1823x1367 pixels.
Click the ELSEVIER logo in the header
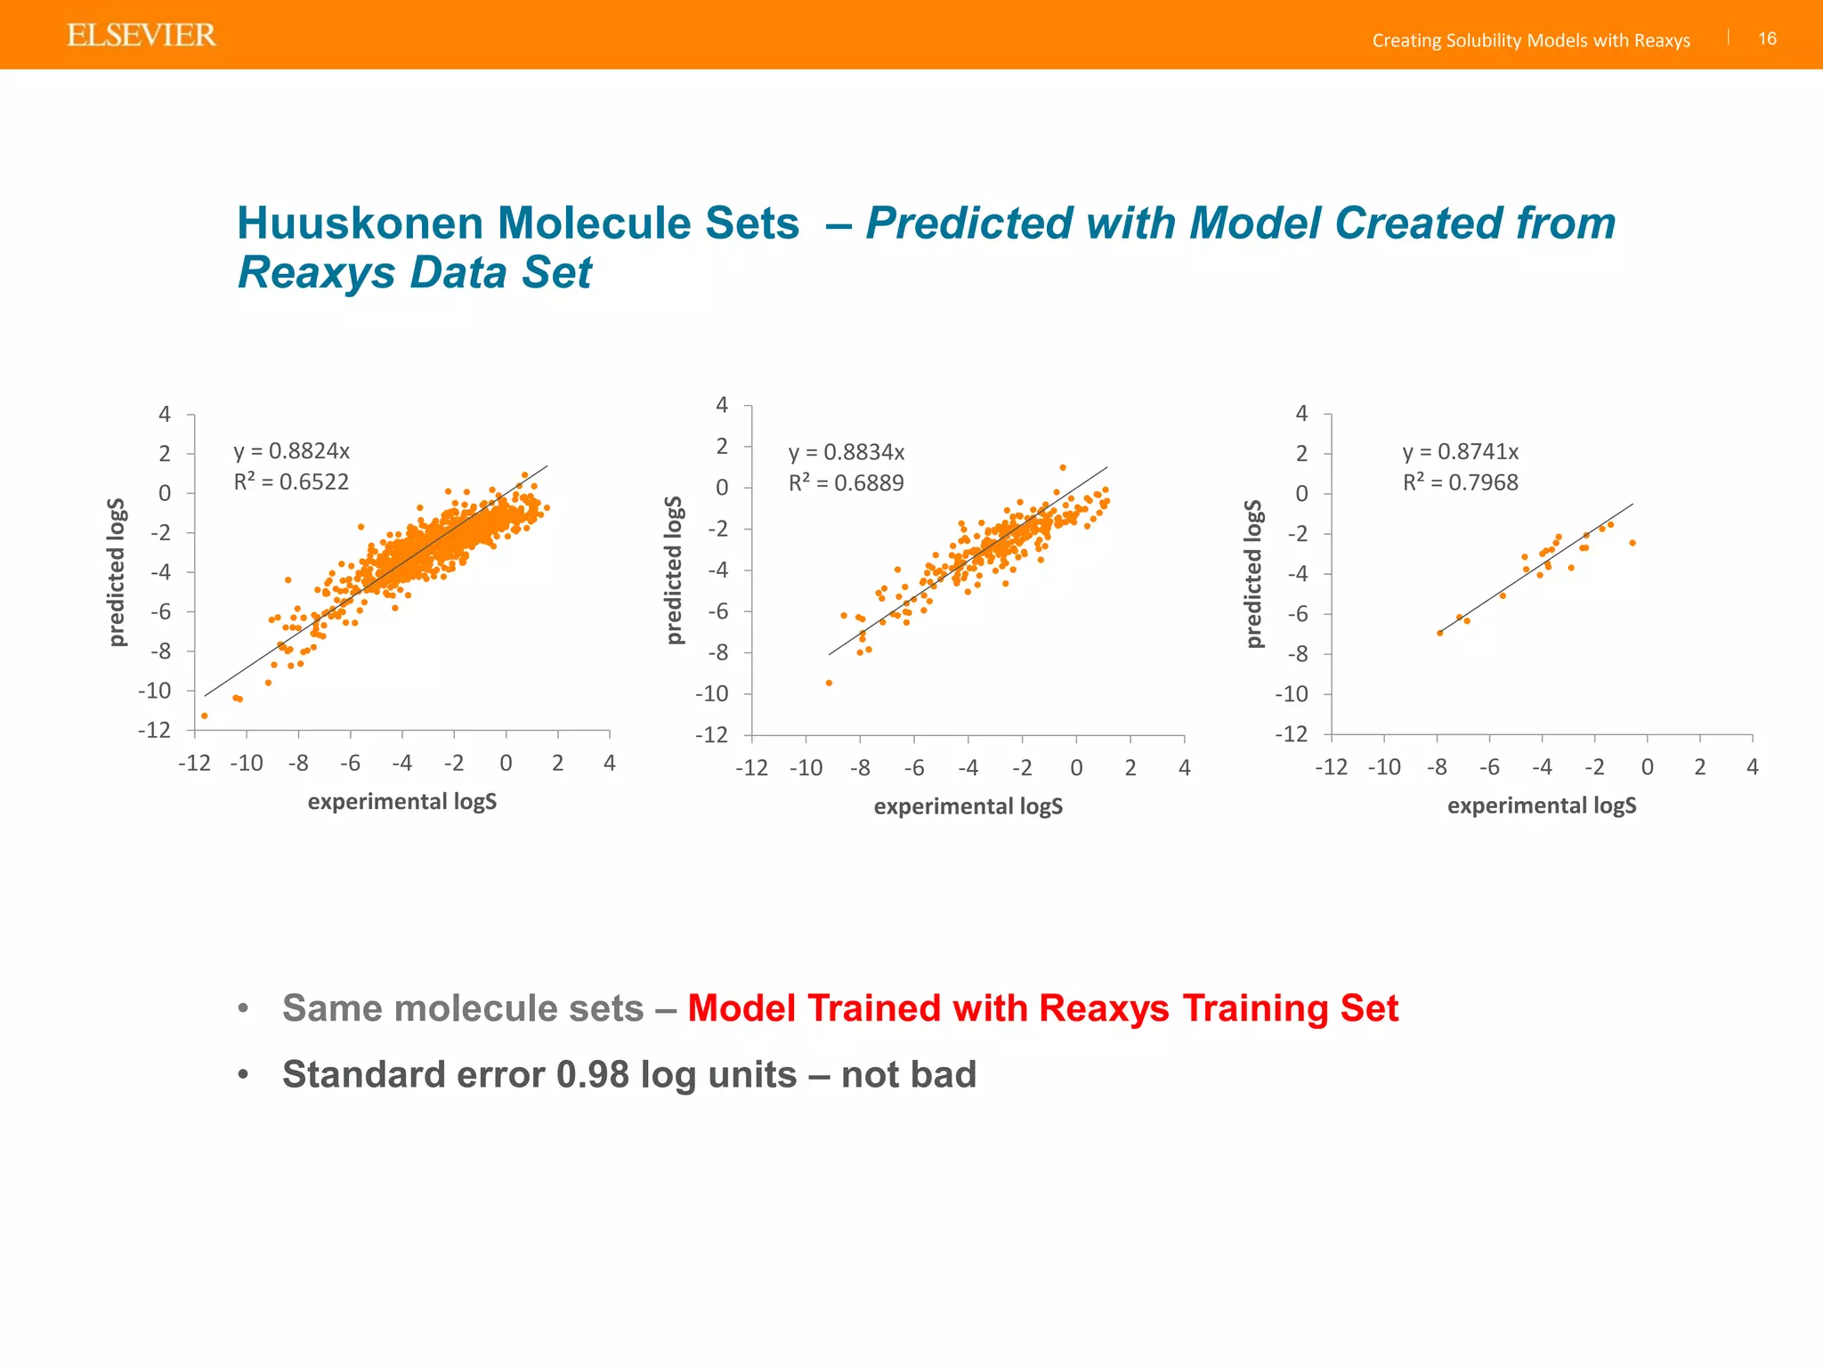pos(142,36)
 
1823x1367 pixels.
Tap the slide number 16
pos(1767,38)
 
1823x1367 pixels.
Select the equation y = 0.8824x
pos(291,451)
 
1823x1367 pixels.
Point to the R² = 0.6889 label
pos(846,483)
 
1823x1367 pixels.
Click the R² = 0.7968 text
pos(1460,482)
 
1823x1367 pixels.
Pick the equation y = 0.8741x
pos(1460,452)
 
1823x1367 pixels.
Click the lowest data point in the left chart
pos(205,716)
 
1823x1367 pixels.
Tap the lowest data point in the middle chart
pos(829,683)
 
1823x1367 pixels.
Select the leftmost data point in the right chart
pos(1439,633)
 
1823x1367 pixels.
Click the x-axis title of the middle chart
pos(968,806)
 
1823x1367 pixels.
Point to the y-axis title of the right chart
pos(1253,573)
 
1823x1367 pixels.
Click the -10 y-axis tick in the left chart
pos(154,691)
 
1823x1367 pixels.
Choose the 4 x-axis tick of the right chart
pos(1752,767)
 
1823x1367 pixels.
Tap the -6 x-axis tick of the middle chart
pos(913,768)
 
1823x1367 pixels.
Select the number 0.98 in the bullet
pos(592,1075)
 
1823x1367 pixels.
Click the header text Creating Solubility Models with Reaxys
pos(1530,40)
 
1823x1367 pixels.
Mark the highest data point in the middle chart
pos(1063,467)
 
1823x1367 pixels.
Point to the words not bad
pos(908,1075)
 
